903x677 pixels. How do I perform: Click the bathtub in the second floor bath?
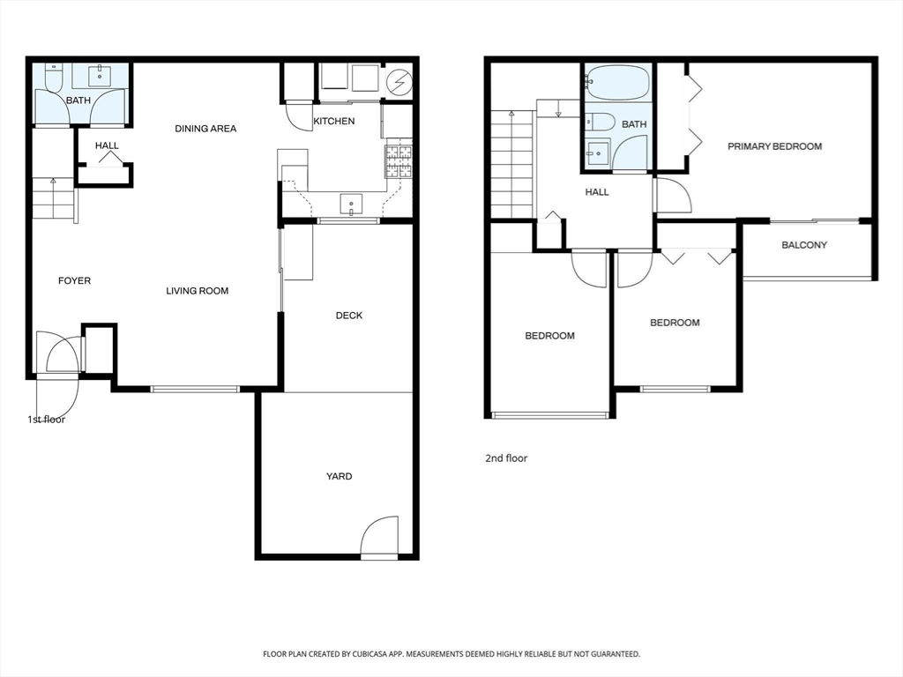point(617,82)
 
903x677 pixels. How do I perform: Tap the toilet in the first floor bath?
point(53,78)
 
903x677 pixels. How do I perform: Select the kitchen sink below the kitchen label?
point(351,205)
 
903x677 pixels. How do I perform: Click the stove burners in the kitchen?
point(399,160)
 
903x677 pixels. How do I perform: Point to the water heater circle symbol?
point(399,83)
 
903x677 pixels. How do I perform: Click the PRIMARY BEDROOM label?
point(774,146)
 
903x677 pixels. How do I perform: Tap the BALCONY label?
point(804,245)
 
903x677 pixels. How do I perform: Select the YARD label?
point(340,476)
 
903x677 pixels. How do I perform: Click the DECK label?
point(349,316)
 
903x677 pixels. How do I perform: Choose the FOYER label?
point(74,281)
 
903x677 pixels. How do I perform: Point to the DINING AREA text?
point(205,129)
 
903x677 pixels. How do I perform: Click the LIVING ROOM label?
point(198,291)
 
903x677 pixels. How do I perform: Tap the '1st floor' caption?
point(47,420)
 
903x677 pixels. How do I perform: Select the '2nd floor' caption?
point(506,458)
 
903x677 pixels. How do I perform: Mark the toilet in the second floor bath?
point(600,122)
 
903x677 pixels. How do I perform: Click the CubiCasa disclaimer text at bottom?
point(451,654)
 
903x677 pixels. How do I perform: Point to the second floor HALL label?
point(597,192)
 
